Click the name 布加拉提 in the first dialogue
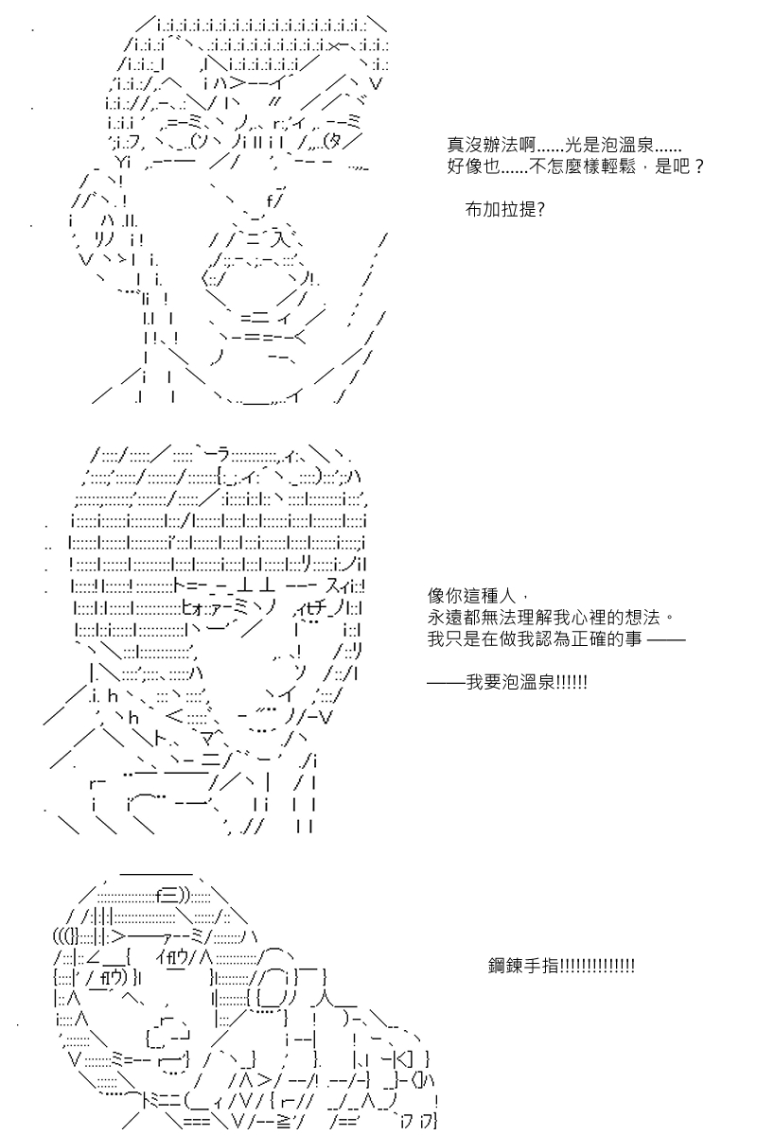pyautogui.click(x=501, y=209)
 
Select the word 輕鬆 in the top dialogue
pyautogui.click(x=618, y=166)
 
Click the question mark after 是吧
pyautogui.click(x=699, y=166)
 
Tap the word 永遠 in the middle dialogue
pyautogui.click(x=445, y=617)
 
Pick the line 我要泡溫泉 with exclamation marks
pyautogui.click(x=507, y=683)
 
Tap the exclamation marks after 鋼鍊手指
pyautogui.click(x=597, y=966)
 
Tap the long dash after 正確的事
pyautogui.click(x=667, y=639)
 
